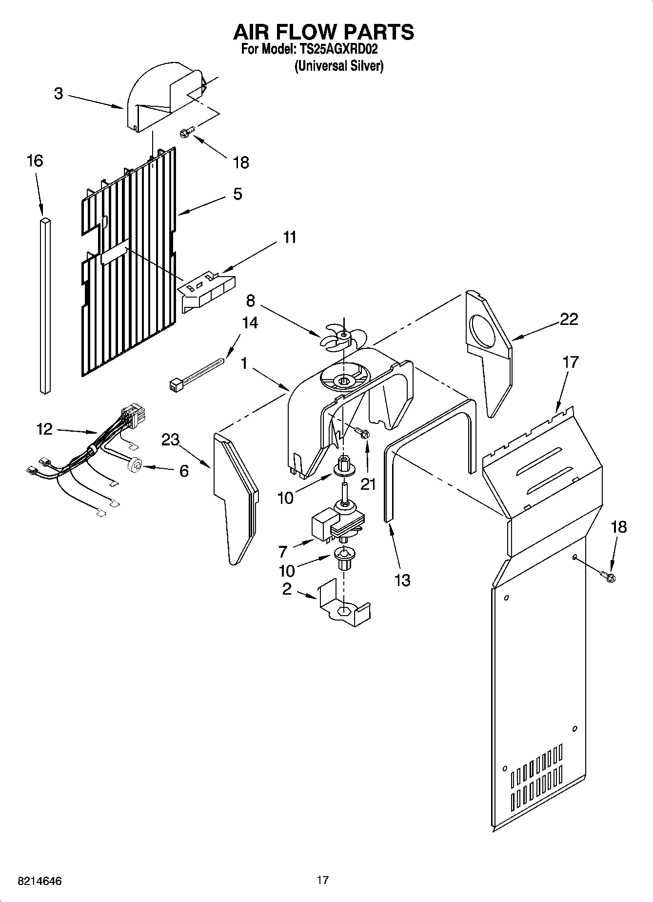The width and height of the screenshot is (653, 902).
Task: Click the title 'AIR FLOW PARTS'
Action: click(323, 32)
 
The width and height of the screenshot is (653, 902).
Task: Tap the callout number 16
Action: click(35, 160)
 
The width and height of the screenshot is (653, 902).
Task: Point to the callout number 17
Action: click(570, 362)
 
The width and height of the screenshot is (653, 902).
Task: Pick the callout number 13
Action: click(402, 580)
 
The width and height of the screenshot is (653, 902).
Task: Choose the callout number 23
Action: click(171, 440)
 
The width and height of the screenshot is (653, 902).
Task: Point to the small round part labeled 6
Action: click(135, 466)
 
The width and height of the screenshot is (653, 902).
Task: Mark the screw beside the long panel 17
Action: click(608, 577)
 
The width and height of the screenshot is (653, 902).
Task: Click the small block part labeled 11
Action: click(207, 292)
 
